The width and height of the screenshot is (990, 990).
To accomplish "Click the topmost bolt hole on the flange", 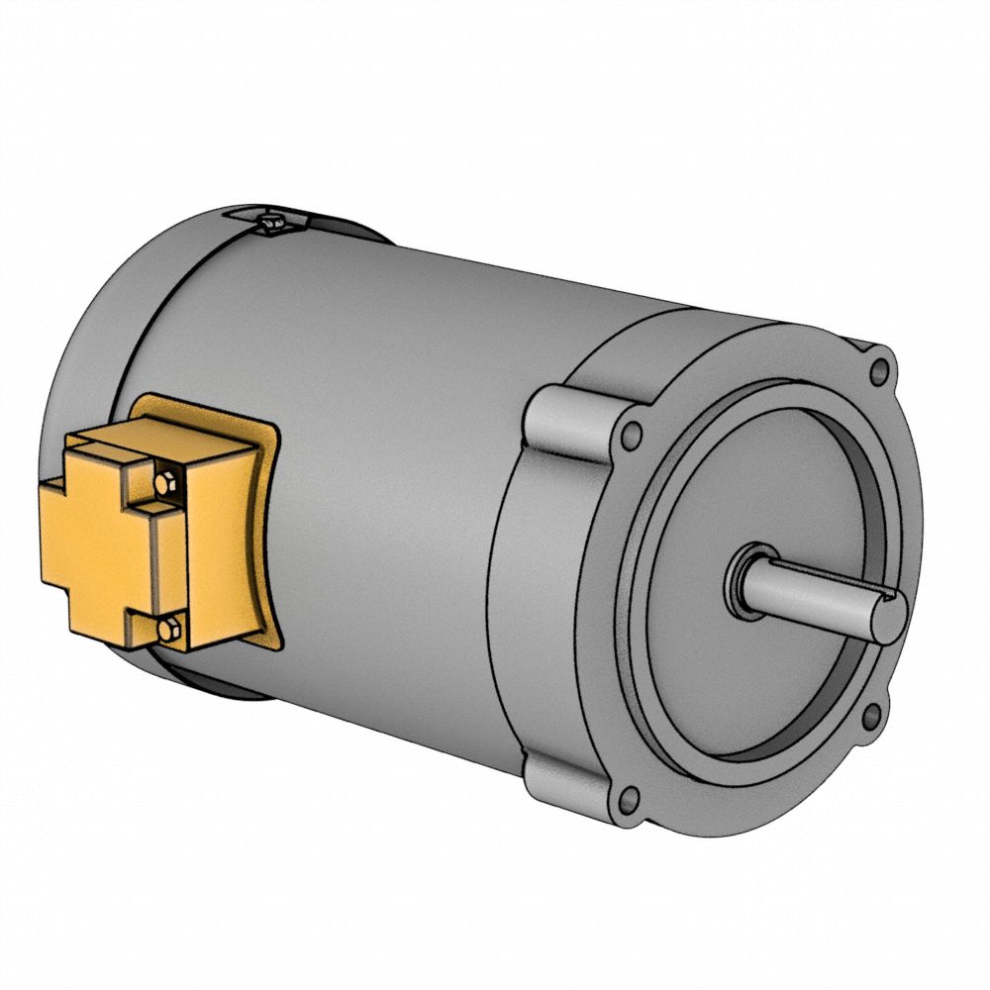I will click(878, 372).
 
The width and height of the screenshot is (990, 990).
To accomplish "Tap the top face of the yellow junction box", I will click(163, 436).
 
